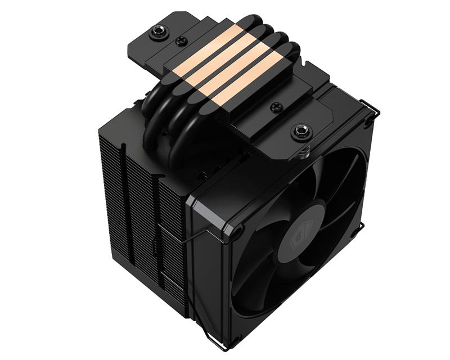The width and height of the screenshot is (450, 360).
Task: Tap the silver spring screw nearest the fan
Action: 299,133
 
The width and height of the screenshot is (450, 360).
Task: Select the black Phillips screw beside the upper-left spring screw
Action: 182,41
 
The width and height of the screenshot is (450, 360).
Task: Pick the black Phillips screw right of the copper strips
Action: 276,107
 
